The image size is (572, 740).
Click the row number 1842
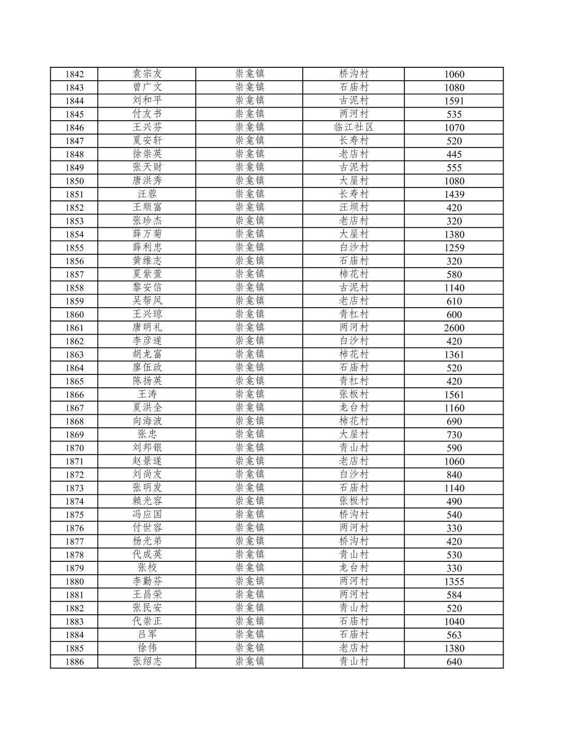coord(74,74)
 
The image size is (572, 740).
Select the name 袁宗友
coord(147,74)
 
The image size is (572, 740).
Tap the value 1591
coord(454,101)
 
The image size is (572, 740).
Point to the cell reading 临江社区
coord(354,127)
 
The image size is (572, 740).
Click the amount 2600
coord(454,328)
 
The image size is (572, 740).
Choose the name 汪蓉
coord(147,194)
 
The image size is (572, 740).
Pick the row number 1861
coord(74,328)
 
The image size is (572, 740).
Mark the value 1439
coord(454,194)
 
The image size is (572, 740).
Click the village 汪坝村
coord(354,207)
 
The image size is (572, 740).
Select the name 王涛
coord(147,394)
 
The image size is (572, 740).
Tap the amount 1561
coord(454,395)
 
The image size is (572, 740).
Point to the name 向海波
coord(147,421)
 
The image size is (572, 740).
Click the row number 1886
coord(74,662)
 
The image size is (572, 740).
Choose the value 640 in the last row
coord(454,662)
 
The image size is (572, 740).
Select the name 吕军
coord(147,634)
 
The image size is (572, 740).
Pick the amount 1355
coord(454,582)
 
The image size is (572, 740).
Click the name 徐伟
coord(147,648)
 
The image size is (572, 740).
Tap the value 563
coord(454,635)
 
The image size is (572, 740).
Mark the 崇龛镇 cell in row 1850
coord(250,180)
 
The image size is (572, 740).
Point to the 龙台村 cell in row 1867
coord(354,408)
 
